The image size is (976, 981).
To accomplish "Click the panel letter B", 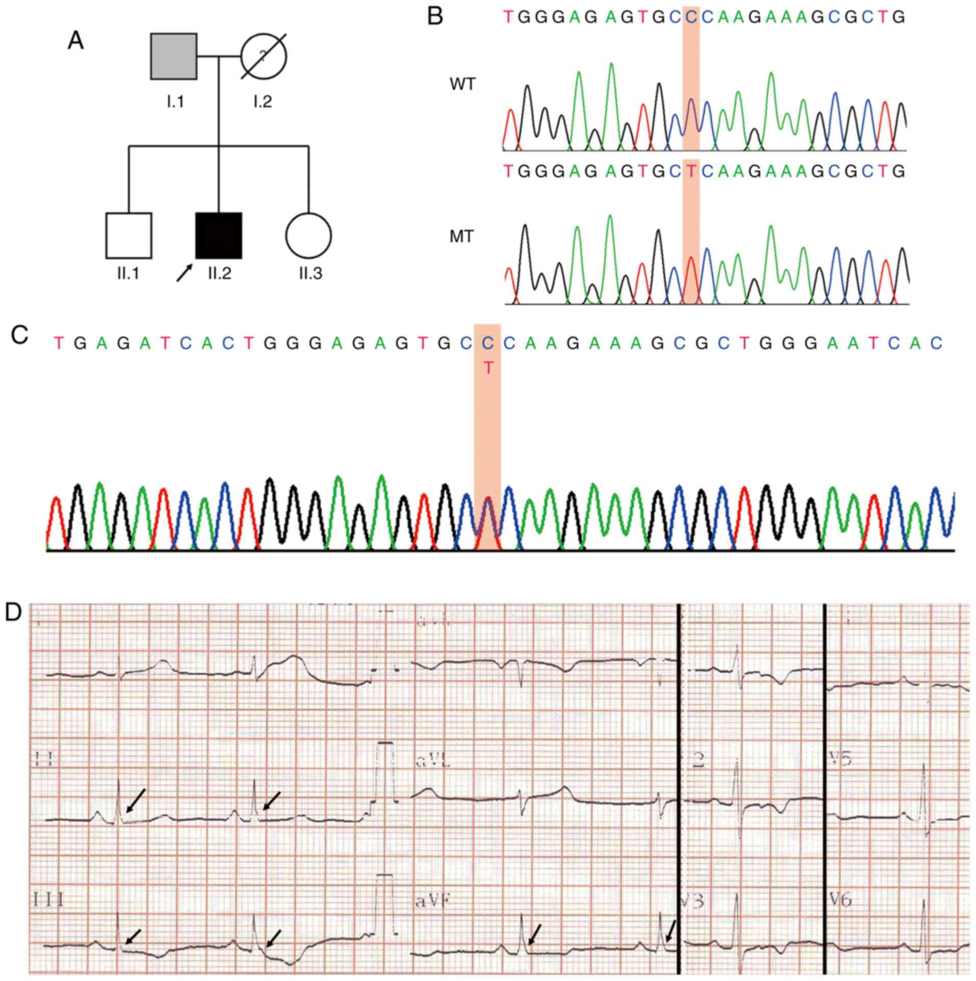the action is coord(435,17).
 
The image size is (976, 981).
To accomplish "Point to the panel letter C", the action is coord(19,336).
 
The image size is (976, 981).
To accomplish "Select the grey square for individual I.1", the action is coord(174,57).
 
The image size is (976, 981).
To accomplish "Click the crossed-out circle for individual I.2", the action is coord(263,57).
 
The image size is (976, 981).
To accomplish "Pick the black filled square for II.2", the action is coord(219,236).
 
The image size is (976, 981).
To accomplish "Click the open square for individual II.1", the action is coord(129,236).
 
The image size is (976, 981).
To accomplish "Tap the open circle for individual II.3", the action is coord(309,236).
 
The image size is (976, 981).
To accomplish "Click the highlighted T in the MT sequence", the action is coord(691,171).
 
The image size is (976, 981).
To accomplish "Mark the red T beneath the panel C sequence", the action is coord(488,368).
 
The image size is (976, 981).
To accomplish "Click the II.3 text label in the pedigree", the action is coord(310,274).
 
